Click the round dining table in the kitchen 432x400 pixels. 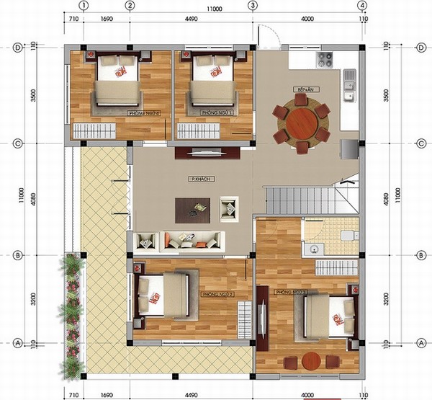302,124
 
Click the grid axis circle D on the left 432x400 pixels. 18,48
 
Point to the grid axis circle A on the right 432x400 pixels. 420,342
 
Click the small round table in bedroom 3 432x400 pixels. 310,361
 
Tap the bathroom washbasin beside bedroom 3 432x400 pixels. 313,250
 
